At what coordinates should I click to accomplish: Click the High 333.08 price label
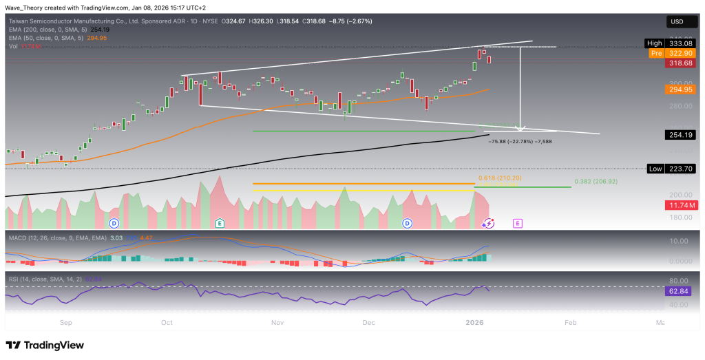(x=673, y=43)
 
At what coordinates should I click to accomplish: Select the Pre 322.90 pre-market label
(x=673, y=52)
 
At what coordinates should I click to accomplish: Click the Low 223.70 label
(x=673, y=169)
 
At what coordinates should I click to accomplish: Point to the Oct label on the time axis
(x=168, y=322)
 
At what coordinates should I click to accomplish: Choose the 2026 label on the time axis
(x=474, y=322)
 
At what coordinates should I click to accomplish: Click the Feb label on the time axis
(x=570, y=322)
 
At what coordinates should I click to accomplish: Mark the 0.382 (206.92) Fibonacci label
(x=595, y=182)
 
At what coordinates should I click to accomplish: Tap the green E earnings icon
(x=220, y=223)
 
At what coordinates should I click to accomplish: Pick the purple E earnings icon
(x=518, y=223)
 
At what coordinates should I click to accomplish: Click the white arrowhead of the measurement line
(x=520, y=128)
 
